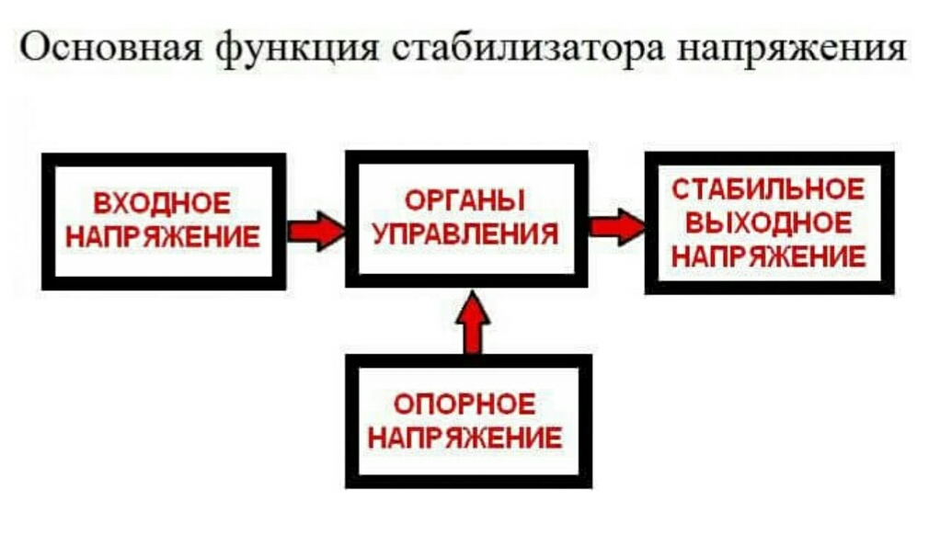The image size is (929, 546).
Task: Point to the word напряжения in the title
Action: (x=792, y=48)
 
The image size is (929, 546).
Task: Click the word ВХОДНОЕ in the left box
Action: (x=162, y=203)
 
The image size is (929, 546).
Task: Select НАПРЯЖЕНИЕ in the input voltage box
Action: (x=162, y=237)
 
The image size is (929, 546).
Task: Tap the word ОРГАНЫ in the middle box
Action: (x=466, y=199)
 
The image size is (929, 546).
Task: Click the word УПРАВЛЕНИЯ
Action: (x=466, y=233)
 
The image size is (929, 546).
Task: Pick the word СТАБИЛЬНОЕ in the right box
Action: (x=768, y=189)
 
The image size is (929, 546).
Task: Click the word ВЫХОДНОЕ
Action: (x=768, y=222)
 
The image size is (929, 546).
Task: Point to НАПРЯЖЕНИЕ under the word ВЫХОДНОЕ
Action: (x=768, y=256)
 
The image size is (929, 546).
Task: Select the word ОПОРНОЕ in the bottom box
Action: (x=465, y=404)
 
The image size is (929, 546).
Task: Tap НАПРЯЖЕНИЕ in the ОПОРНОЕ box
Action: (x=465, y=438)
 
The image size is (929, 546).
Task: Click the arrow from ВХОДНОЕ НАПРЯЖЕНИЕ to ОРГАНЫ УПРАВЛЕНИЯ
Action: (x=315, y=230)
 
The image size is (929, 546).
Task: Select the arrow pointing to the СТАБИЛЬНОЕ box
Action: (x=616, y=226)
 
